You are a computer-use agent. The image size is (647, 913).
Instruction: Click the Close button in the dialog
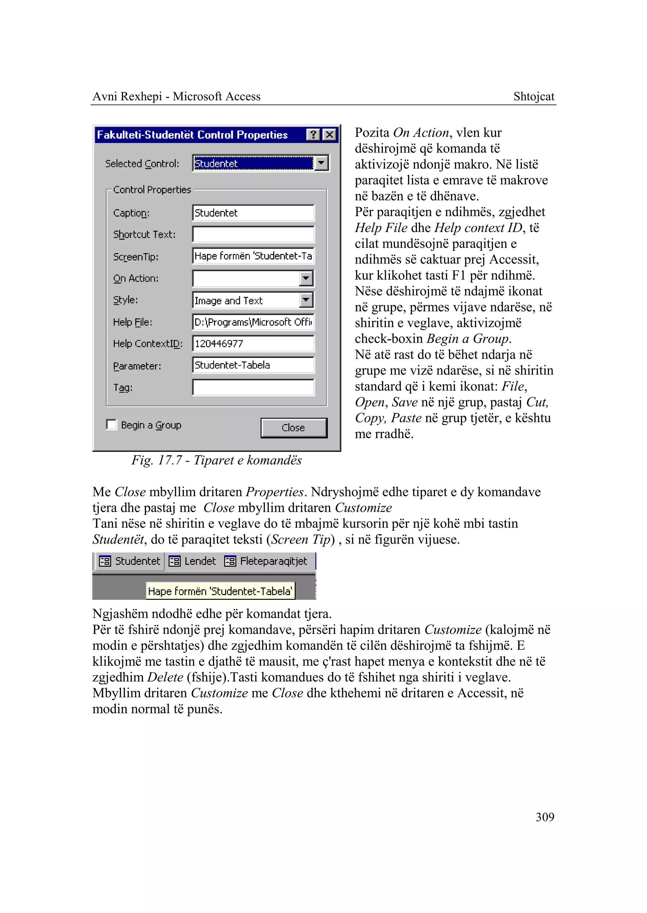coord(293,428)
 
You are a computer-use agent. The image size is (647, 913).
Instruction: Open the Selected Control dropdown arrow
coord(321,163)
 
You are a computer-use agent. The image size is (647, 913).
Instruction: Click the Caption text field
coord(253,213)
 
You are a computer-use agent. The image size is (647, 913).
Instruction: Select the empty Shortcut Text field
coord(253,235)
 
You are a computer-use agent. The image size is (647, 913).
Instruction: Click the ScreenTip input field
coord(253,256)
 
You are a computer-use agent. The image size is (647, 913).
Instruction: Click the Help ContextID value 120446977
coord(253,343)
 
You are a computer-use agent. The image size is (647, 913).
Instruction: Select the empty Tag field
coord(253,387)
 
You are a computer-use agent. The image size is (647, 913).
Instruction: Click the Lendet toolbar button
coord(192,561)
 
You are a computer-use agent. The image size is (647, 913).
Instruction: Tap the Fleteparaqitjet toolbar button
coord(266,561)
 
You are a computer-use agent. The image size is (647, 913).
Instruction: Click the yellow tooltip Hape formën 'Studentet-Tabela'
coord(220,591)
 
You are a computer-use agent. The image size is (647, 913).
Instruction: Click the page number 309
coord(545,817)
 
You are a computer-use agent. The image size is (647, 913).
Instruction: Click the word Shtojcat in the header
coord(534,96)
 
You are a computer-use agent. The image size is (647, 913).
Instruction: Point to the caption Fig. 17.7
coord(216,460)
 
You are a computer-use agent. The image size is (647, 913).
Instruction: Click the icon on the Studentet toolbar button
coord(105,561)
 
